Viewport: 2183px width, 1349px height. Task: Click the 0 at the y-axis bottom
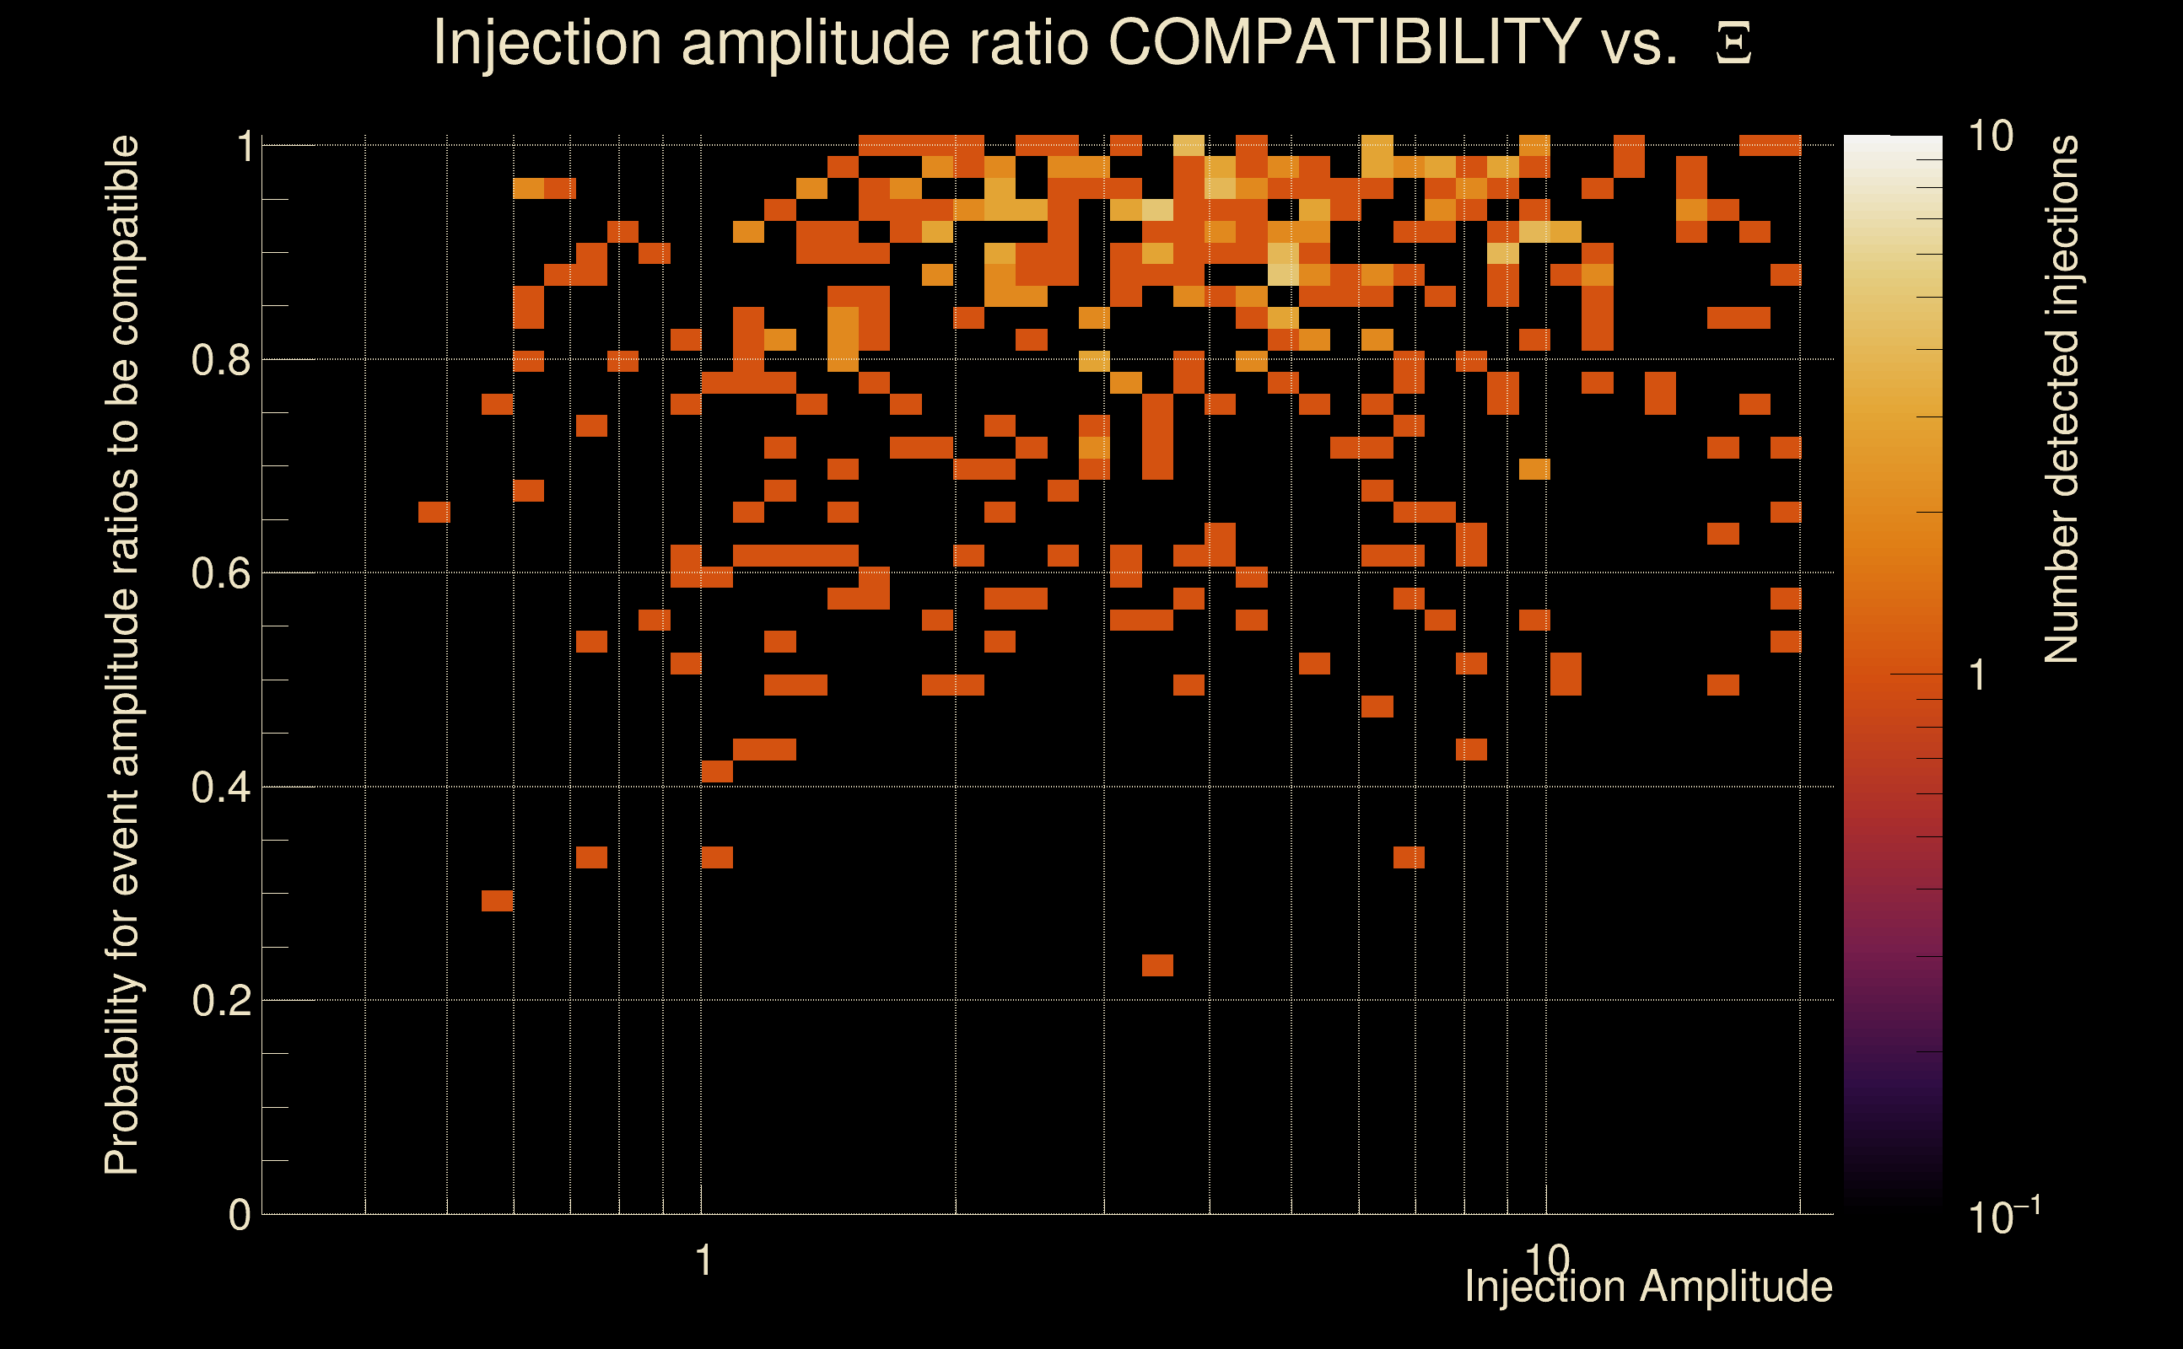(240, 1215)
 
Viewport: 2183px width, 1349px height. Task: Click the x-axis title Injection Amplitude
(1648, 1287)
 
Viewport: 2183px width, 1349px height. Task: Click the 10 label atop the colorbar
(1990, 137)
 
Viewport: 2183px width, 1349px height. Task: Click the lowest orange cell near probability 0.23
(1157, 965)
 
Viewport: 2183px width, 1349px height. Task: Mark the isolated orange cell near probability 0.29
(497, 901)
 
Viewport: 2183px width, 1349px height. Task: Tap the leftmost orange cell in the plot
(434, 512)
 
